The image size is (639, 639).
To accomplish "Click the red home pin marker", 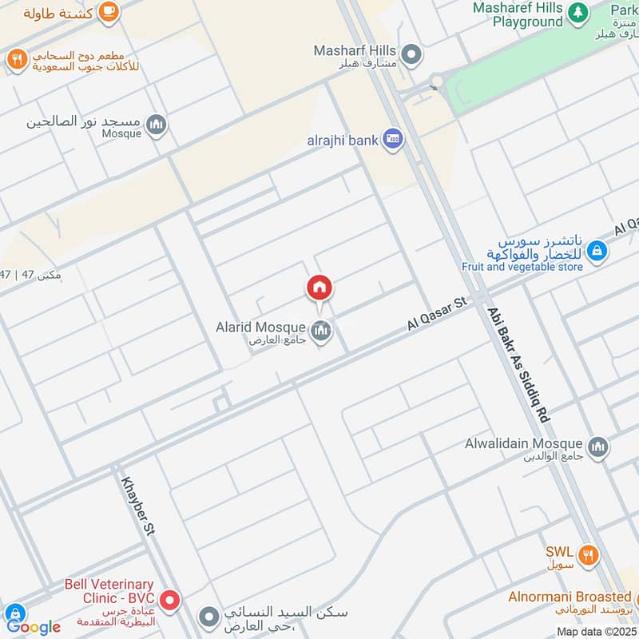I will pos(319,288).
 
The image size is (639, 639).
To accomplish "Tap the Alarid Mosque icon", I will pos(321,330).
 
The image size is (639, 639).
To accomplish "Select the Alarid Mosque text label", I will pos(260,327).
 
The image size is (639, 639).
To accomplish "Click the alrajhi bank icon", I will pos(392,140).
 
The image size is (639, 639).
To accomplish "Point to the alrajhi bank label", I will pos(343,141).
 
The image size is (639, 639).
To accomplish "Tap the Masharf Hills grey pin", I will pos(411,54).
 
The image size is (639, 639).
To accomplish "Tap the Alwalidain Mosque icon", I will pos(597,447).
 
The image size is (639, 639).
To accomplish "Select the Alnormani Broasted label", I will pos(570,597).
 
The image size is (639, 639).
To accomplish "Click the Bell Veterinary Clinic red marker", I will pos(169,599).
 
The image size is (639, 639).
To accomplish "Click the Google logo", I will pos(33,626).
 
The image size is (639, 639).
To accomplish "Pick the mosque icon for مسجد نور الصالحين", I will pos(157,125).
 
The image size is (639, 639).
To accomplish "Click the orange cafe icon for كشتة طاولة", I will pos(109,12).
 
